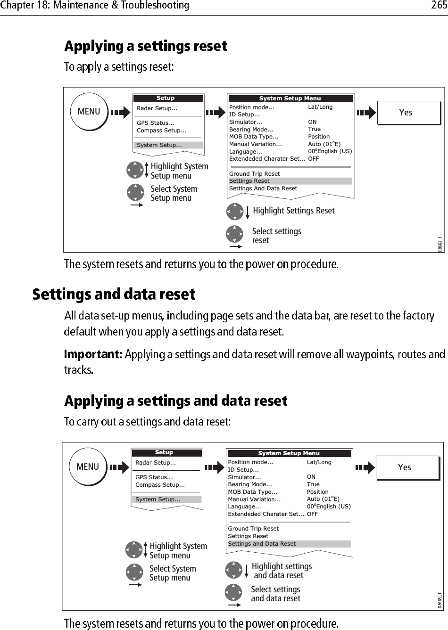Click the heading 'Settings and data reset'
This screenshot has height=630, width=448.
114,295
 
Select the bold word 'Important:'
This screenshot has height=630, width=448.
93,353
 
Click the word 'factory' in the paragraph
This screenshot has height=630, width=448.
415,316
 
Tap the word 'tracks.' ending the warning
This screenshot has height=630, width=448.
79,369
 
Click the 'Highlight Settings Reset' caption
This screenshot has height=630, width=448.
293,211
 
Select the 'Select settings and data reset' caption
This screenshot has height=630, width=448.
275,594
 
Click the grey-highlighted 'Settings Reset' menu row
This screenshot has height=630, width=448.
290,181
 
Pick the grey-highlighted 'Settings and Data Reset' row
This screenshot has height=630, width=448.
289,544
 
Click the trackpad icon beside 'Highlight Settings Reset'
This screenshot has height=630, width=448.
234,212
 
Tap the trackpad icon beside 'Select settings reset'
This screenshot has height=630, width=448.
234,234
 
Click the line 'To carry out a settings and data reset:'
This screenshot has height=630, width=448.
147,422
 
